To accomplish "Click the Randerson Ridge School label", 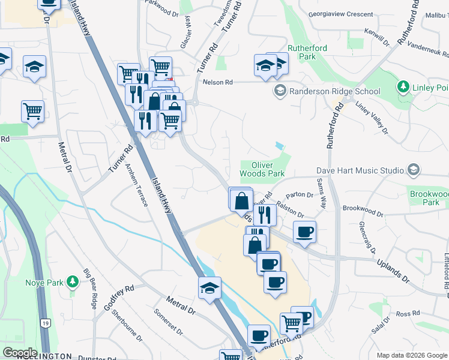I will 335,91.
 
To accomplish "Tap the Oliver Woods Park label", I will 262,169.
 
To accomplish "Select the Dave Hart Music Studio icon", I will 412,170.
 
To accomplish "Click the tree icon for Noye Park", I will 72,281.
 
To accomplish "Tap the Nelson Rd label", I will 217,82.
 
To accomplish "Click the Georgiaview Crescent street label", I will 341,13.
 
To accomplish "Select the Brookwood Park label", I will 429,199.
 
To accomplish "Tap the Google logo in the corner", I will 19,352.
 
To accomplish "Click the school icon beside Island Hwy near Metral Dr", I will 209,288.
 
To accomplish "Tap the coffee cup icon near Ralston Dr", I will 304,231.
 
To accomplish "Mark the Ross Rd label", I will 407,314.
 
